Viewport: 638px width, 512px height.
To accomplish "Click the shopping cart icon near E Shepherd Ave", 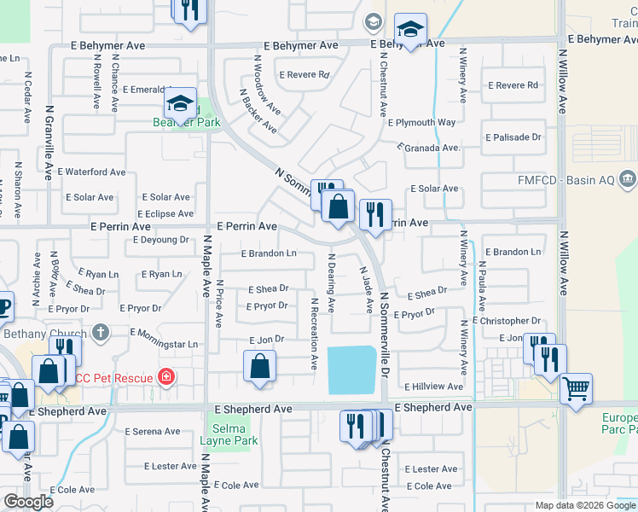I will click(577, 389).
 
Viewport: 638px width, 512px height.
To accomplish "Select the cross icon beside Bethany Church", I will click(100, 333).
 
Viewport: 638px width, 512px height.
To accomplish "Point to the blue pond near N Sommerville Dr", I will click(351, 369).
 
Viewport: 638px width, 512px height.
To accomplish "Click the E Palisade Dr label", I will click(513, 137).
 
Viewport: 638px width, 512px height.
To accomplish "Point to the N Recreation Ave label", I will click(315, 327).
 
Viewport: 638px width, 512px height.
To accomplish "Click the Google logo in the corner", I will click(28, 502).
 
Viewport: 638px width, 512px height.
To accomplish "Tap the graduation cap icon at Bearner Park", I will click(181, 104).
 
